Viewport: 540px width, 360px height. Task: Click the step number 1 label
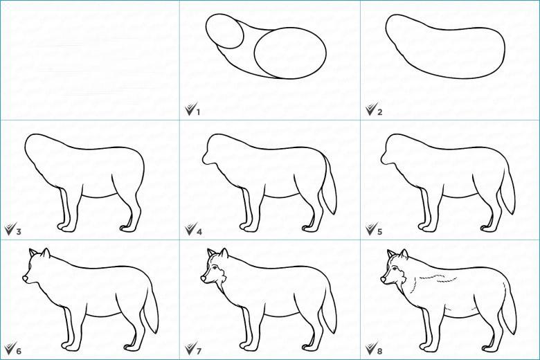(198, 111)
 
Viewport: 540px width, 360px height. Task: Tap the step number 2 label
(379, 111)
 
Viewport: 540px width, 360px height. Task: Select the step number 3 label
(18, 231)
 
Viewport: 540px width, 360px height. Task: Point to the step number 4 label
(199, 231)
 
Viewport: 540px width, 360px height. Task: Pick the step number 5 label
(379, 231)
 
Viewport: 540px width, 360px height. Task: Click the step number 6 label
(18, 351)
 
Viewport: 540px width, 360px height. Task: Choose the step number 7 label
(199, 351)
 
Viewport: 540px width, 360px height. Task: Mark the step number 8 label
(379, 351)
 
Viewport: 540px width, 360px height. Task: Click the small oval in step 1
(224, 31)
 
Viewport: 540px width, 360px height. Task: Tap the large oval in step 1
(290, 53)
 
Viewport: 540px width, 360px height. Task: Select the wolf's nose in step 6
(25, 278)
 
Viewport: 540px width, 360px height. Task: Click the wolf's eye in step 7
(215, 269)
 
